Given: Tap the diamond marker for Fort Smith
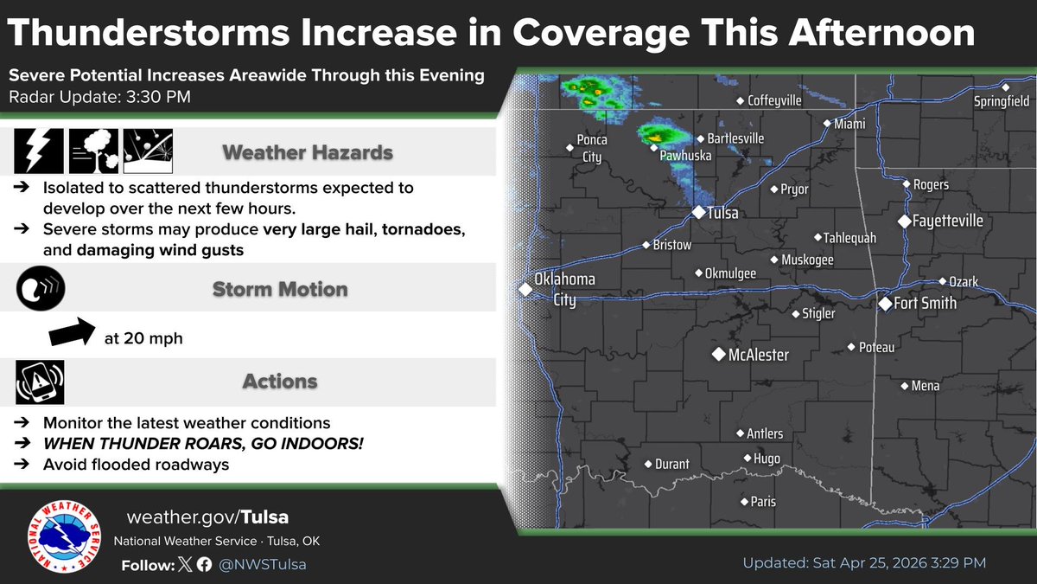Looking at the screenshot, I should (885, 304).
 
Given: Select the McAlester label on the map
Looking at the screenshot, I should (758, 355).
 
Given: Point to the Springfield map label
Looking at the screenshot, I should (1001, 101).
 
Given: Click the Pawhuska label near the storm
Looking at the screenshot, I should (685, 157).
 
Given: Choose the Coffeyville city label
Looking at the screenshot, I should (774, 100).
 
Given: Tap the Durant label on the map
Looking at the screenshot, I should (671, 464).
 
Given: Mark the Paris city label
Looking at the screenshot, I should (763, 502).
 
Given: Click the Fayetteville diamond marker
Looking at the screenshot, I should (904, 221).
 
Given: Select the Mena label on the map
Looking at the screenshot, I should (925, 386).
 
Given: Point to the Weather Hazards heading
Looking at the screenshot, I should (308, 153).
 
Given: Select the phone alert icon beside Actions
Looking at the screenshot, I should (40, 382).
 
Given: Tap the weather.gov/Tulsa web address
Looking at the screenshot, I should (207, 517).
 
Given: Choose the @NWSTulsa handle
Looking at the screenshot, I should (263, 564).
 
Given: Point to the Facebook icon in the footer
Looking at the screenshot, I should (204, 564).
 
